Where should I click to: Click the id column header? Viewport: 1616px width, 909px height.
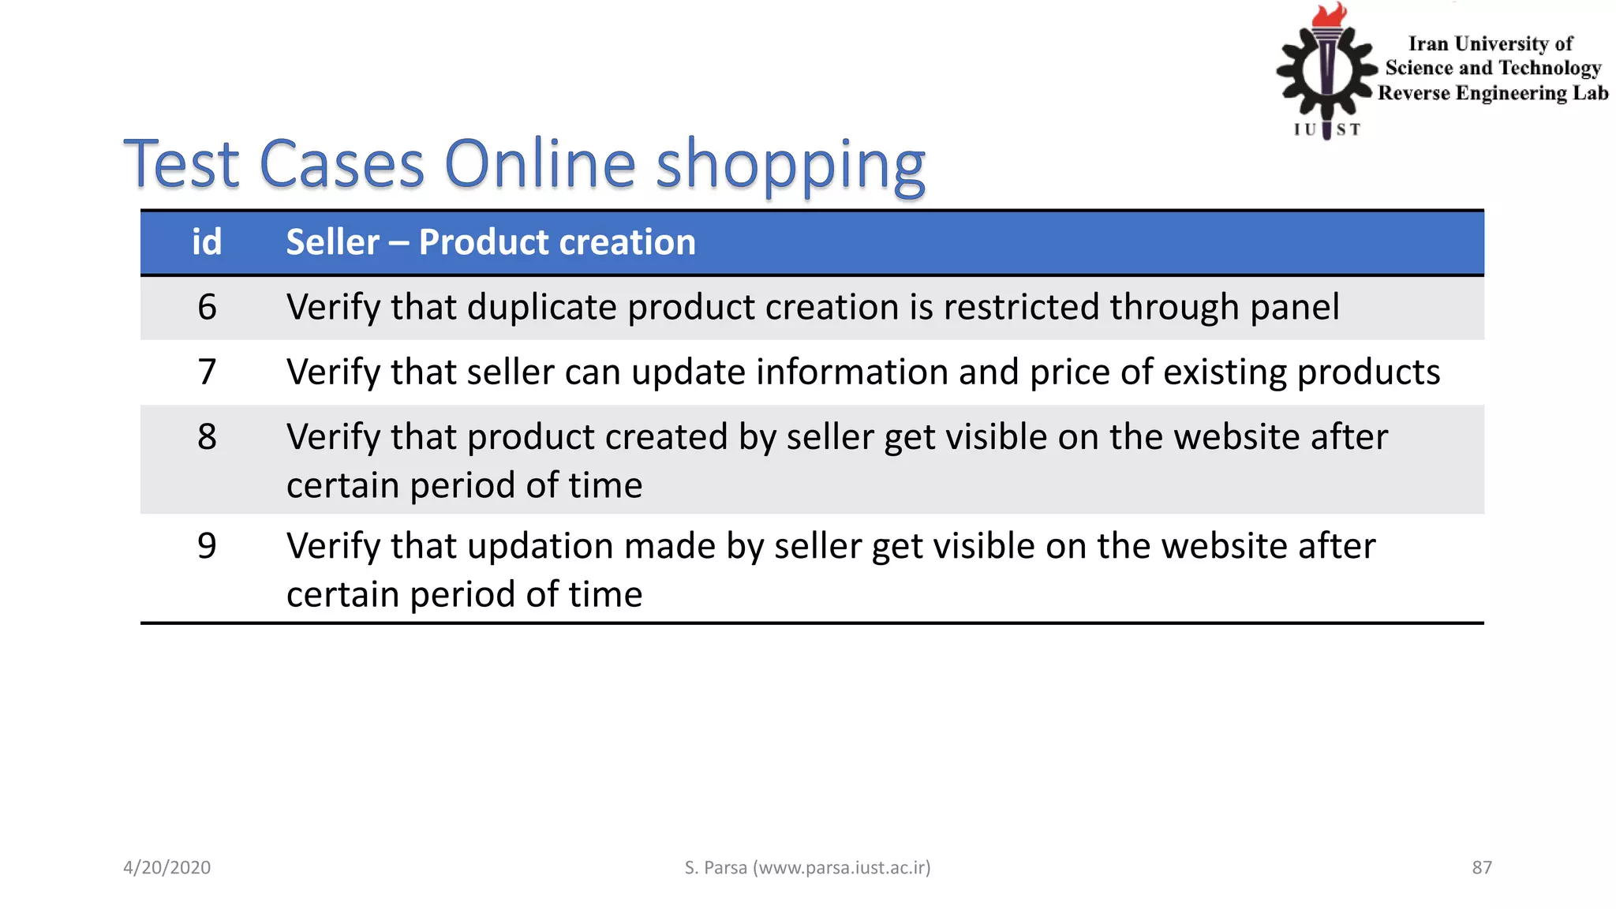click(x=207, y=242)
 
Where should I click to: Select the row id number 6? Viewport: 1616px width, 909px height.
click(x=207, y=307)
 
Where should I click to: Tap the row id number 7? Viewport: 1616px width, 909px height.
click(x=207, y=372)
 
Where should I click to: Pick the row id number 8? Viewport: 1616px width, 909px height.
click(x=207, y=436)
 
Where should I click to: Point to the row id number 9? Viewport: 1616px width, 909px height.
click(x=207, y=545)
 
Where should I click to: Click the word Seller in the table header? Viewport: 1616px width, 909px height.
click(x=332, y=242)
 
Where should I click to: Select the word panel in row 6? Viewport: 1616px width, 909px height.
click(x=1294, y=307)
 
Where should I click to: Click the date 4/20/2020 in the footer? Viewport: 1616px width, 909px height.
click(x=166, y=868)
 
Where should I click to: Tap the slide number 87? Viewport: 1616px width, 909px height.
click(x=1482, y=868)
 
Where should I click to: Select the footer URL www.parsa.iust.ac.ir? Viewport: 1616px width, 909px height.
click(x=841, y=868)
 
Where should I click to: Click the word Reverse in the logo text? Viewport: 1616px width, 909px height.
click(x=1413, y=93)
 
